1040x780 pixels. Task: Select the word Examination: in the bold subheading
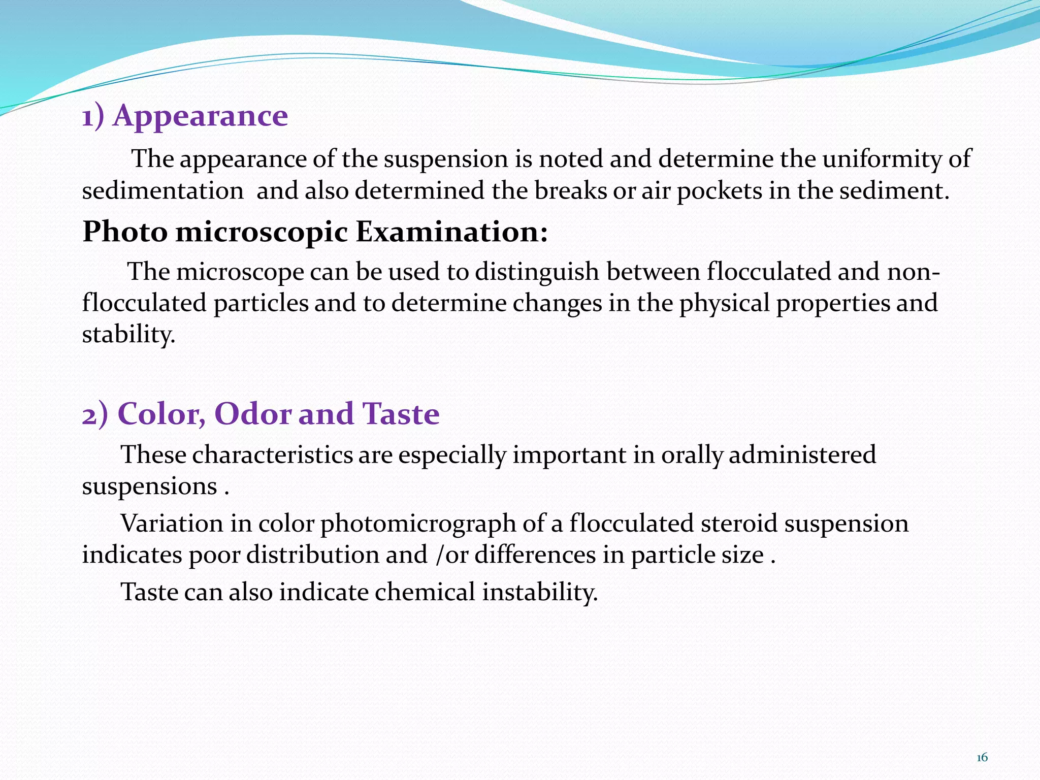click(451, 232)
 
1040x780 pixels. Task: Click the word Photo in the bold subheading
click(125, 232)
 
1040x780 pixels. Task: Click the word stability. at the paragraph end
click(128, 335)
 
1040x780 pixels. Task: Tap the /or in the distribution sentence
click(451, 555)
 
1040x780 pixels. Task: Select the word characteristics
click(272, 454)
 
